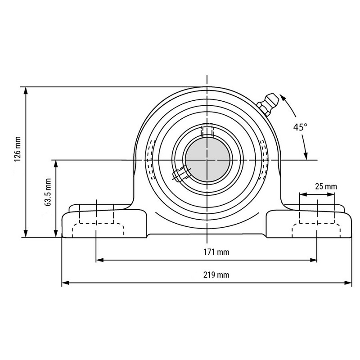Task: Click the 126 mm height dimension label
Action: (18, 149)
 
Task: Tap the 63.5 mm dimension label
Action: (48, 192)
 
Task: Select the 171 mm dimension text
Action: (216, 252)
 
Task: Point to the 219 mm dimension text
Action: (216, 275)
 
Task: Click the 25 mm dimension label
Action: (326, 186)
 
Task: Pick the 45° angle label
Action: (300, 127)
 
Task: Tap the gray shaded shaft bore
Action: (207, 159)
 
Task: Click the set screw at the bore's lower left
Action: (181, 173)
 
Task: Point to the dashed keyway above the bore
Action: (207, 130)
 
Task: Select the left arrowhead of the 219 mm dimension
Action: (66, 283)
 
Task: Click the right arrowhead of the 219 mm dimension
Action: (348, 283)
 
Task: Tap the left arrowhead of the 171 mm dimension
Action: (99, 260)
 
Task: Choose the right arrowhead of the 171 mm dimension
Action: (313, 260)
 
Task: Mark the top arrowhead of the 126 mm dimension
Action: (26, 91)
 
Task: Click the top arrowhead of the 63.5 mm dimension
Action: (55, 164)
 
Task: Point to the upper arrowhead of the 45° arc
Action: (283, 97)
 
